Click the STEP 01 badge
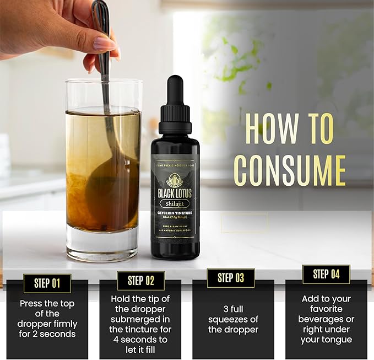(47, 283)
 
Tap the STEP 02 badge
(141, 281)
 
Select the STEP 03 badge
(231, 278)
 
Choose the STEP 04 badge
(326, 274)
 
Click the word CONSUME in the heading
(289, 171)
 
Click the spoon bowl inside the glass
(107, 196)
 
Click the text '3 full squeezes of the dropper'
(233, 319)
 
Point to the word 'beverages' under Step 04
(326, 319)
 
